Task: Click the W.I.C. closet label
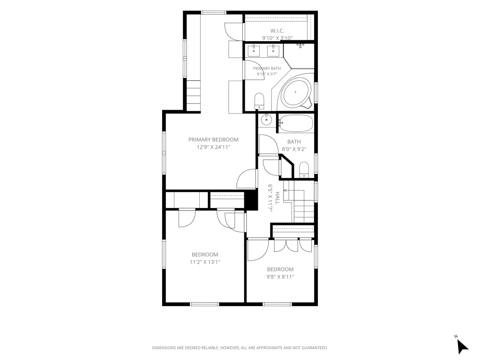277,30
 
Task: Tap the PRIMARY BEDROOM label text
213,140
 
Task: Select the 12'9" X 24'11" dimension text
213,147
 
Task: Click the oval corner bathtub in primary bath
295,92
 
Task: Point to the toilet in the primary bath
259,101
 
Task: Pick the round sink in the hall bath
267,120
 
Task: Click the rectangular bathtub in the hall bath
296,123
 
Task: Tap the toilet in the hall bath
304,170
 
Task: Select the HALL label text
277,198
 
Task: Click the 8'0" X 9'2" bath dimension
294,150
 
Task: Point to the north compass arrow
462,346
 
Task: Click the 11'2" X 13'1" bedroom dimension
205,262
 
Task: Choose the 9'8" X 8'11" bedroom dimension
280,277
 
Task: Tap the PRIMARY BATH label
267,68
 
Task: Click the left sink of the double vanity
254,51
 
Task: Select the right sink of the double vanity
273,51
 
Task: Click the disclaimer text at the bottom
240,348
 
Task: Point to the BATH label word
294,142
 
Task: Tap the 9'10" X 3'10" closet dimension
277,38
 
